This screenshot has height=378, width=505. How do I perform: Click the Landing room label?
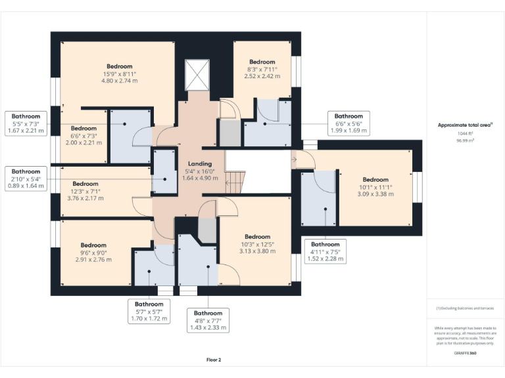[x=200, y=163]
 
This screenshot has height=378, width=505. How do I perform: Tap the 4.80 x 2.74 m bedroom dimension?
[x=120, y=81]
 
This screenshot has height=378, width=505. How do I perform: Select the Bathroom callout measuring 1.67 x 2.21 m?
[x=26, y=123]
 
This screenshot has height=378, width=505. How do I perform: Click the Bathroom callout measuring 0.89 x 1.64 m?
[x=26, y=178]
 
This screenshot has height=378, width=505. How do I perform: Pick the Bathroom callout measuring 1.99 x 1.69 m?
[x=349, y=123]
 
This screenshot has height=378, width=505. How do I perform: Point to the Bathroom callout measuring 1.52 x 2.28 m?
[x=325, y=251]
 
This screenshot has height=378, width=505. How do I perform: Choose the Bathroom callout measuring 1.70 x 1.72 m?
[x=149, y=312]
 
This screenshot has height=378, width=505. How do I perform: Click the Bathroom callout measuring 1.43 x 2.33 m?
[x=208, y=320]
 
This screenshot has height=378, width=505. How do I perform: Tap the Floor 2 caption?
[x=214, y=360]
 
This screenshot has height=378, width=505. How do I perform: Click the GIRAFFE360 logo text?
[x=465, y=353]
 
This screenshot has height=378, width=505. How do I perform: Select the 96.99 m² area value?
[x=465, y=140]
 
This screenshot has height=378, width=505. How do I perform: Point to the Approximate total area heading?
[x=465, y=125]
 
